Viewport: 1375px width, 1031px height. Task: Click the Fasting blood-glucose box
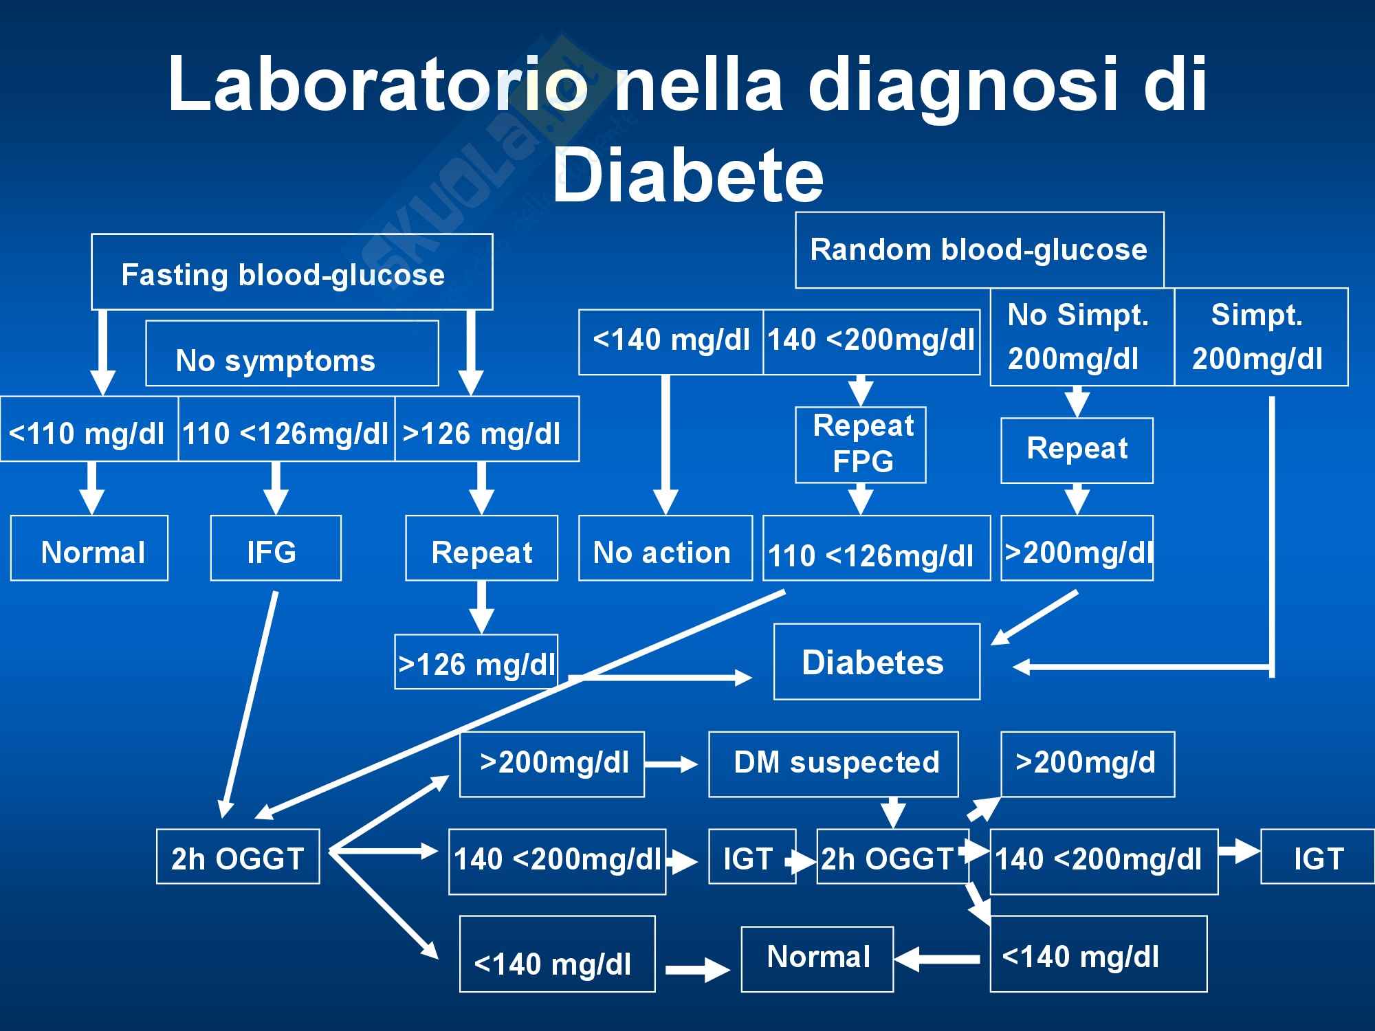click(x=291, y=272)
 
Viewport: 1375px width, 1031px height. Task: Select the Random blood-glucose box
click(x=979, y=250)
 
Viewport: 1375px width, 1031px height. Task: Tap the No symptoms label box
click(x=291, y=353)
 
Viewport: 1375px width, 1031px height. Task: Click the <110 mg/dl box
click(x=89, y=429)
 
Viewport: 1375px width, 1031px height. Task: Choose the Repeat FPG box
click(x=860, y=445)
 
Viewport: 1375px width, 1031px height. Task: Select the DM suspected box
click(x=833, y=764)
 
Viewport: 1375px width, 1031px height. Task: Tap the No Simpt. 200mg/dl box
click(x=1081, y=337)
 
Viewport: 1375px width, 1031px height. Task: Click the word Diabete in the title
click(x=687, y=176)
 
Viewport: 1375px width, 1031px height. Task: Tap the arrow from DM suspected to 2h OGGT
click(x=892, y=812)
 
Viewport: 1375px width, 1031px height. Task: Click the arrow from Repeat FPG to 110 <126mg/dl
click(x=860, y=499)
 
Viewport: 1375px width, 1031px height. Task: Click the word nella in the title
click(x=698, y=85)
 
